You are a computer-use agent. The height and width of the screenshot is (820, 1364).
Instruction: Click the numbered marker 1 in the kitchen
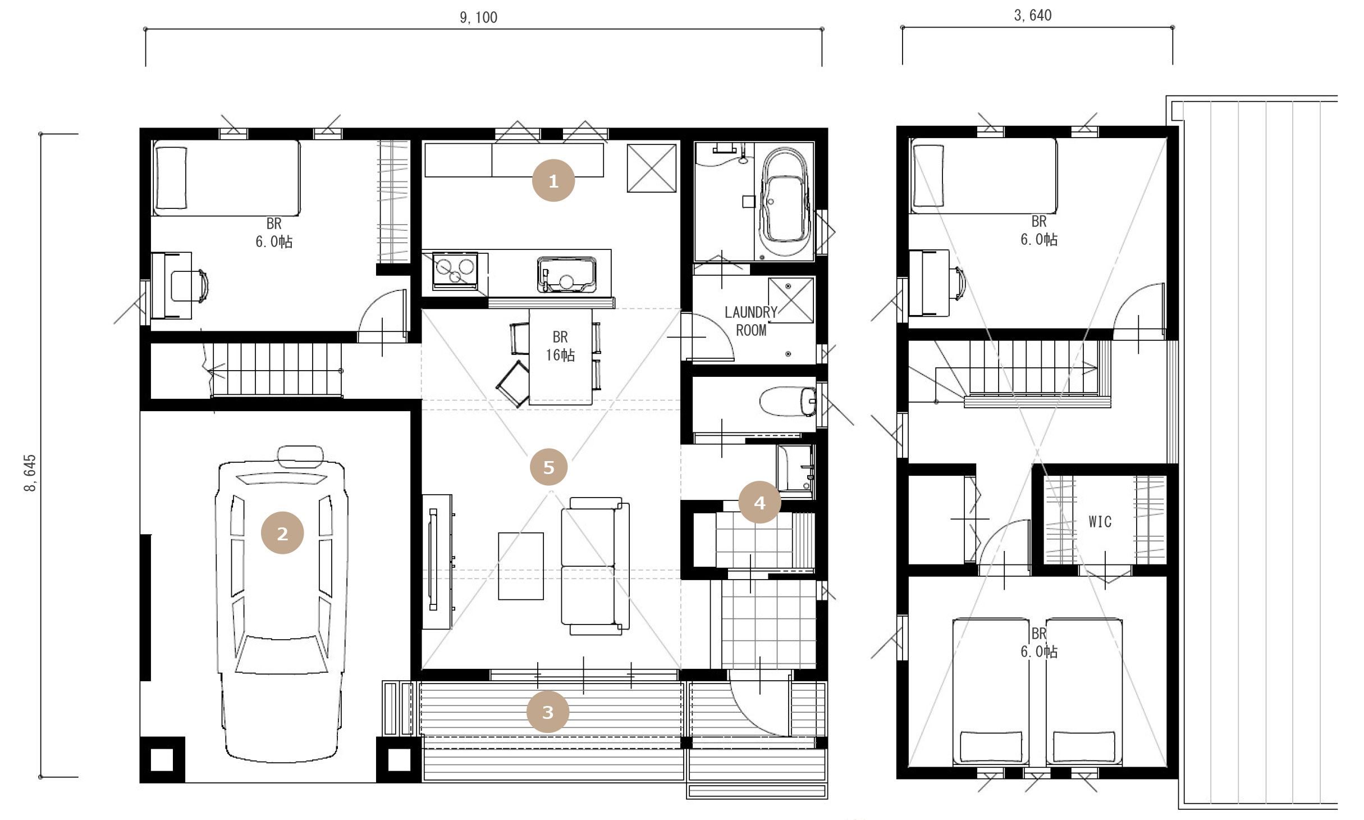click(553, 180)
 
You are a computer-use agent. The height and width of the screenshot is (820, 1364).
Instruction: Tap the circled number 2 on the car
click(282, 532)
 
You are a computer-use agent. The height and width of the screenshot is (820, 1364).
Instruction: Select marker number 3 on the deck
click(547, 712)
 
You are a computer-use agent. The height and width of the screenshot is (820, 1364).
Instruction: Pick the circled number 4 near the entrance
click(759, 502)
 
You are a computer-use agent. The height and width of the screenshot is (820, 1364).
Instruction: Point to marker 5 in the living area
click(548, 467)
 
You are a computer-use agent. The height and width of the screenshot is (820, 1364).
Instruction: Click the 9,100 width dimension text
click(478, 17)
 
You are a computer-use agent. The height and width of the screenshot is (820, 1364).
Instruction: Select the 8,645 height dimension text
click(30, 472)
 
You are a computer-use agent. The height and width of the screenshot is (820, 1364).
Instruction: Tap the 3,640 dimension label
click(1033, 15)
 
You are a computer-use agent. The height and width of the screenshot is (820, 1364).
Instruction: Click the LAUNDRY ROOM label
click(751, 321)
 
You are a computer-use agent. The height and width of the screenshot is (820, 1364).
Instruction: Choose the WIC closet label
click(1100, 522)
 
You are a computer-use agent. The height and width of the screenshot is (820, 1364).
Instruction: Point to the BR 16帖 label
click(560, 346)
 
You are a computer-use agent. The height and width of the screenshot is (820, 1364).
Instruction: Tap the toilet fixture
click(788, 401)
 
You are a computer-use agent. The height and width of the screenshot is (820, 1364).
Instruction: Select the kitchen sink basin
click(566, 275)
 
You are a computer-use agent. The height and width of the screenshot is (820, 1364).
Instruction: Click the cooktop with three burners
click(455, 271)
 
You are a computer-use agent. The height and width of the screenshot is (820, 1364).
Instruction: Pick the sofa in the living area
click(595, 566)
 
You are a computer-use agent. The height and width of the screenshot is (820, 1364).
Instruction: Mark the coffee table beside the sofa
click(520, 566)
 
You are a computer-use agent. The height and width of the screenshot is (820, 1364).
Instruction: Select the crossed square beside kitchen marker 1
click(651, 168)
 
